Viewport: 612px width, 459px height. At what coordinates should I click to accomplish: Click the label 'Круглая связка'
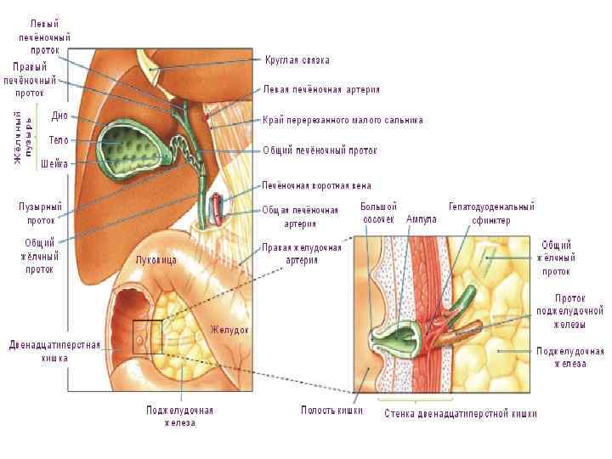tap(297, 60)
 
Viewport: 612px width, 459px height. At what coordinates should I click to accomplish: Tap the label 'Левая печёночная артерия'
tap(321, 88)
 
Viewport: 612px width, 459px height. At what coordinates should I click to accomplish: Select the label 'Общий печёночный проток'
tap(320, 150)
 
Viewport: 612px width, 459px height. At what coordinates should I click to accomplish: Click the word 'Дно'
tap(59, 116)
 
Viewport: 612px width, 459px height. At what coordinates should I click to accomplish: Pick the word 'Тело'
tap(59, 139)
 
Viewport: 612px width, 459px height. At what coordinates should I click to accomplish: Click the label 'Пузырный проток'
tap(41, 212)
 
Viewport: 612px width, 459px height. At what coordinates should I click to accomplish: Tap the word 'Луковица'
tap(156, 260)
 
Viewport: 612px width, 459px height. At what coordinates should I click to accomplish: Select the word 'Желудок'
tap(229, 329)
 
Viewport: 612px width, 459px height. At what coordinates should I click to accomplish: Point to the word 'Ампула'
tap(422, 219)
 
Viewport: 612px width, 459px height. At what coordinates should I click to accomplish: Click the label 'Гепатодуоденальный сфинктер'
tap(491, 212)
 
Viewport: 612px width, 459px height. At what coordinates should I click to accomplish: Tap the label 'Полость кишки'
tap(332, 411)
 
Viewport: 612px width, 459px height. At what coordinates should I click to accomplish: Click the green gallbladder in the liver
tap(132, 150)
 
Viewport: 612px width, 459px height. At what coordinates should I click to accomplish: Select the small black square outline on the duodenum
tap(147, 337)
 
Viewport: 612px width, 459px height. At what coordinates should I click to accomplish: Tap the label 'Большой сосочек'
tap(378, 212)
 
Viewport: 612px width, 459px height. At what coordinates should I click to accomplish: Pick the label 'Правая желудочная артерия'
tap(301, 253)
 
